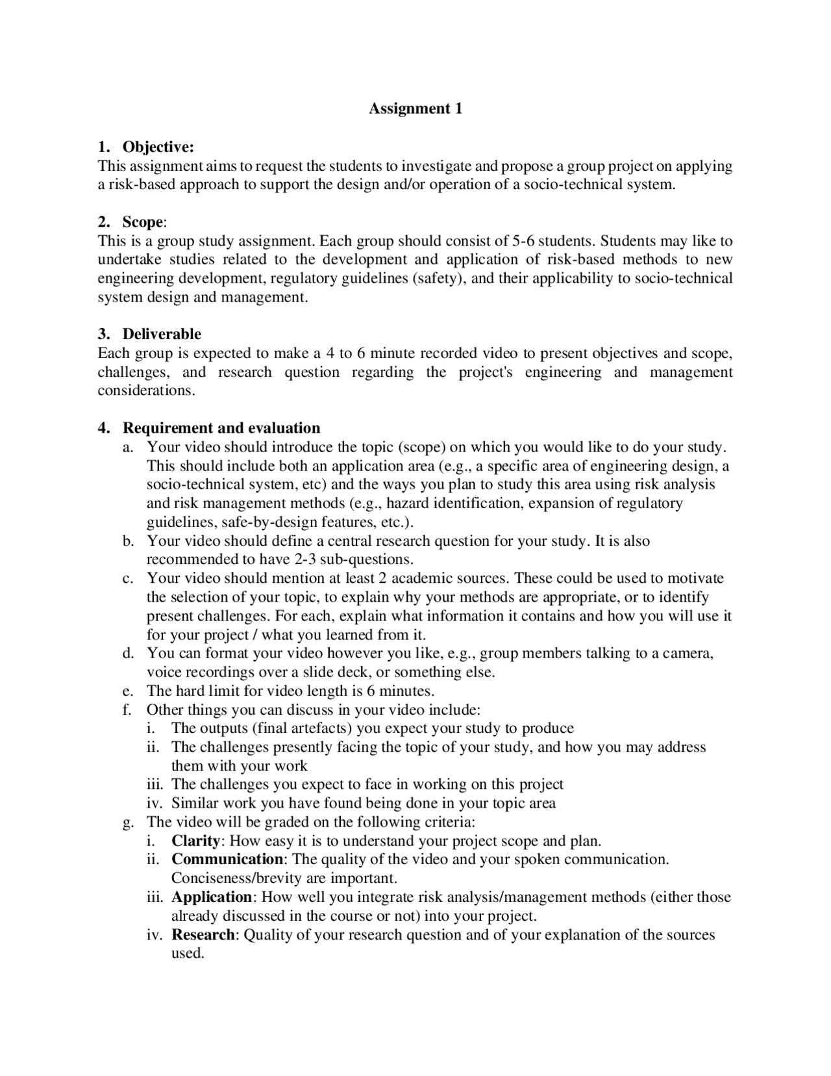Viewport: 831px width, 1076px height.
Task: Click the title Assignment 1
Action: pyautogui.click(x=415, y=109)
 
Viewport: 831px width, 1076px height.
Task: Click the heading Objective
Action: pyautogui.click(x=158, y=146)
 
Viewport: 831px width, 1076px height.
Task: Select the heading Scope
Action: pyautogui.click(x=142, y=222)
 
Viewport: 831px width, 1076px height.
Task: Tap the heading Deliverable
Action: pyautogui.click(x=162, y=334)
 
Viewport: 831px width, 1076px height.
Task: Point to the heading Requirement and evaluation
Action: pyautogui.click(x=221, y=428)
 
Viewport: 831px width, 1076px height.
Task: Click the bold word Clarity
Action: pyautogui.click(x=195, y=841)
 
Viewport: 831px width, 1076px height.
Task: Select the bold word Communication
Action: pyautogui.click(x=227, y=859)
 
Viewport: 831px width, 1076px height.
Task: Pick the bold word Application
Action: pyautogui.click(x=212, y=897)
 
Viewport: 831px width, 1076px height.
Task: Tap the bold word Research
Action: pyautogui.click(x=203, y=934)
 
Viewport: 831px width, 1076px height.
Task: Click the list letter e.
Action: pyautogui.click(x=127, y=691)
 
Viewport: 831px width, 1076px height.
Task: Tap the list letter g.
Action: pyautogui.click(x=127, y=822)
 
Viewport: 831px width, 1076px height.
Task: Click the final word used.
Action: pyautogui.click(x=187, y=953)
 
